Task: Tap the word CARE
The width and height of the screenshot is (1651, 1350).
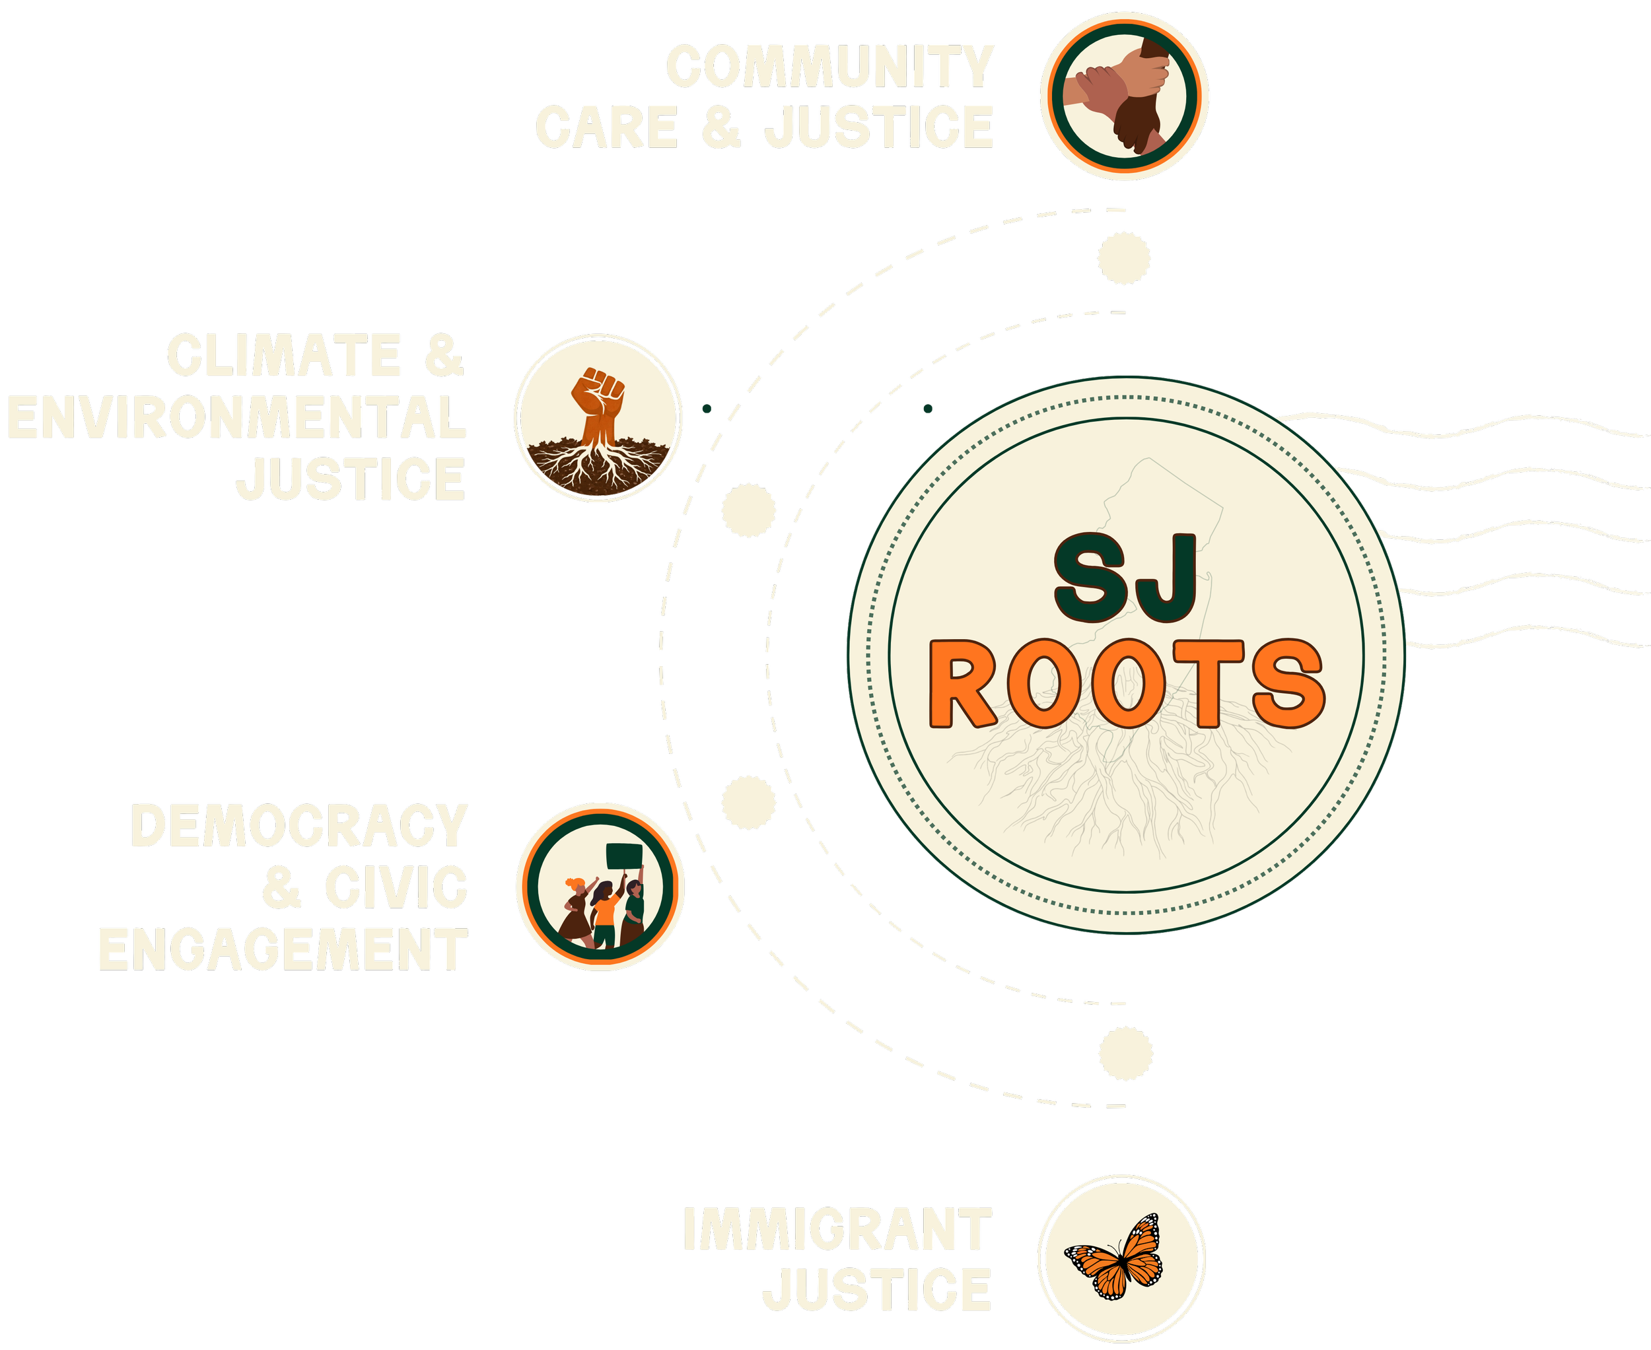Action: (x=607, y=127)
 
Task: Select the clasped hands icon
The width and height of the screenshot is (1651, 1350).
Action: (x=1124, y=95)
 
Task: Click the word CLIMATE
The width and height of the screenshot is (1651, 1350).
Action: (x=284, y=355)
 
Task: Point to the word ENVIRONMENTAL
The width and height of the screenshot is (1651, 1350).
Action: (x=236, y=417)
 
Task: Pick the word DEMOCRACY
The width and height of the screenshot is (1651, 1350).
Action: (x=299, y=825)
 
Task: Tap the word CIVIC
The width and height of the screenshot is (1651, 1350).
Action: (x=396, y=887)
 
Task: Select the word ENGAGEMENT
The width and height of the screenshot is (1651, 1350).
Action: (x=283, y=949)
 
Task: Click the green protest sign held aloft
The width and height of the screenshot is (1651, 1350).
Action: (x=624, y=856)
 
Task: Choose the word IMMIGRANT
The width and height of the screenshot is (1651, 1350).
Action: (x=837, y=1229)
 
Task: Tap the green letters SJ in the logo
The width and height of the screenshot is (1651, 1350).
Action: (x=1125, y=577)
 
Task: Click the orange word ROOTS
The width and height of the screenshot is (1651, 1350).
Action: (x=1127, y=683)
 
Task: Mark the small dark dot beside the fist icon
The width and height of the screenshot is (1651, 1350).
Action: (x=707, y=408)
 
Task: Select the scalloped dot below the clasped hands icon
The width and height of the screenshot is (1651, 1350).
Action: (x=1123, y=257)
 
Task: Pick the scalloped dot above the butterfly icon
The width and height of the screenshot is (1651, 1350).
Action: (x=1126, y=1053)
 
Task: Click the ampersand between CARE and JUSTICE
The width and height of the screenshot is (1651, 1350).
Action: (x=721, y=127)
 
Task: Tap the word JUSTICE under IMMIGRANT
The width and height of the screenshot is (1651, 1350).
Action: (x=877, y=1289)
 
